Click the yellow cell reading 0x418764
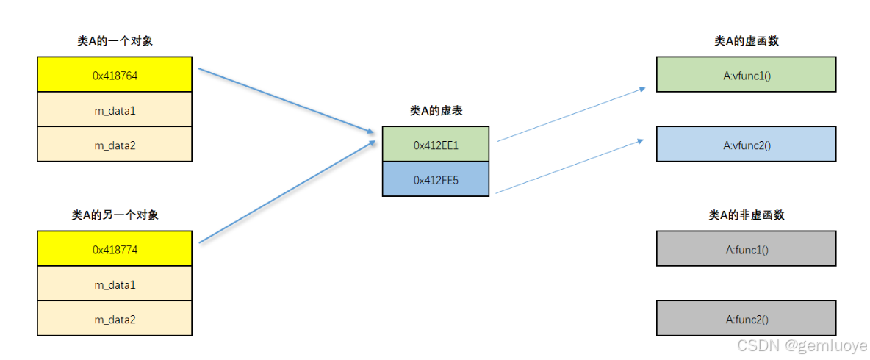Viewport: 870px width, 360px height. [115, 75]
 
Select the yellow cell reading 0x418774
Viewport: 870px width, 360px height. [115, 249]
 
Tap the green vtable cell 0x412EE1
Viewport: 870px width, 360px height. [436, 145]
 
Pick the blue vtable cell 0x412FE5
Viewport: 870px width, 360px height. [436, 179]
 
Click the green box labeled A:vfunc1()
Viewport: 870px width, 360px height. [746, 75]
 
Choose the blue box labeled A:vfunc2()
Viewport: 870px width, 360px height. [746, 145]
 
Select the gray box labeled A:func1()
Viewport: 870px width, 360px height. [746, 249]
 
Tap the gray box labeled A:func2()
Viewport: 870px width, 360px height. [746, 319]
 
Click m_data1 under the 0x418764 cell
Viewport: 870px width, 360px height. [115, 110]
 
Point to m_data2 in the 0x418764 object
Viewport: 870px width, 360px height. [115, 145]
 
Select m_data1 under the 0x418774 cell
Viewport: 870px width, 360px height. [115, 284]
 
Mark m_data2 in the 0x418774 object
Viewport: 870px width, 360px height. [115, 319]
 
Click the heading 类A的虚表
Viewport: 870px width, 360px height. [436, 111]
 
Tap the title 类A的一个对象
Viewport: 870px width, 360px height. [115, 41]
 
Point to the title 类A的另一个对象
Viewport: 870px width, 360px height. [115, 215]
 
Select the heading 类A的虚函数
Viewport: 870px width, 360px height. [746, 41]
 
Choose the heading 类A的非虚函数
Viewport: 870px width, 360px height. [746, 215]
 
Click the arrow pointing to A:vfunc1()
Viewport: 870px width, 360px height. [572, 114]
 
